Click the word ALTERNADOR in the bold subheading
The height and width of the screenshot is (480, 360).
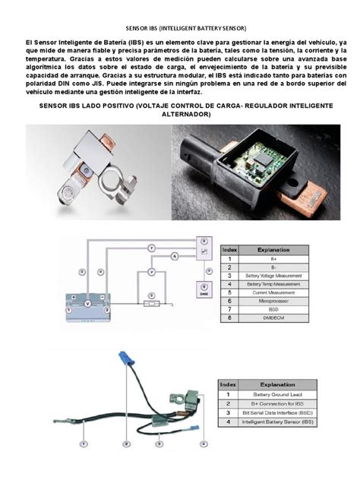[179, 113]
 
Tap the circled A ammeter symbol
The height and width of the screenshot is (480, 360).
[175, 257]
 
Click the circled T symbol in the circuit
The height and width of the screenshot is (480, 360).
[151, 248]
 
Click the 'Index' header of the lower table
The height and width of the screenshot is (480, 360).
[229, 384]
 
